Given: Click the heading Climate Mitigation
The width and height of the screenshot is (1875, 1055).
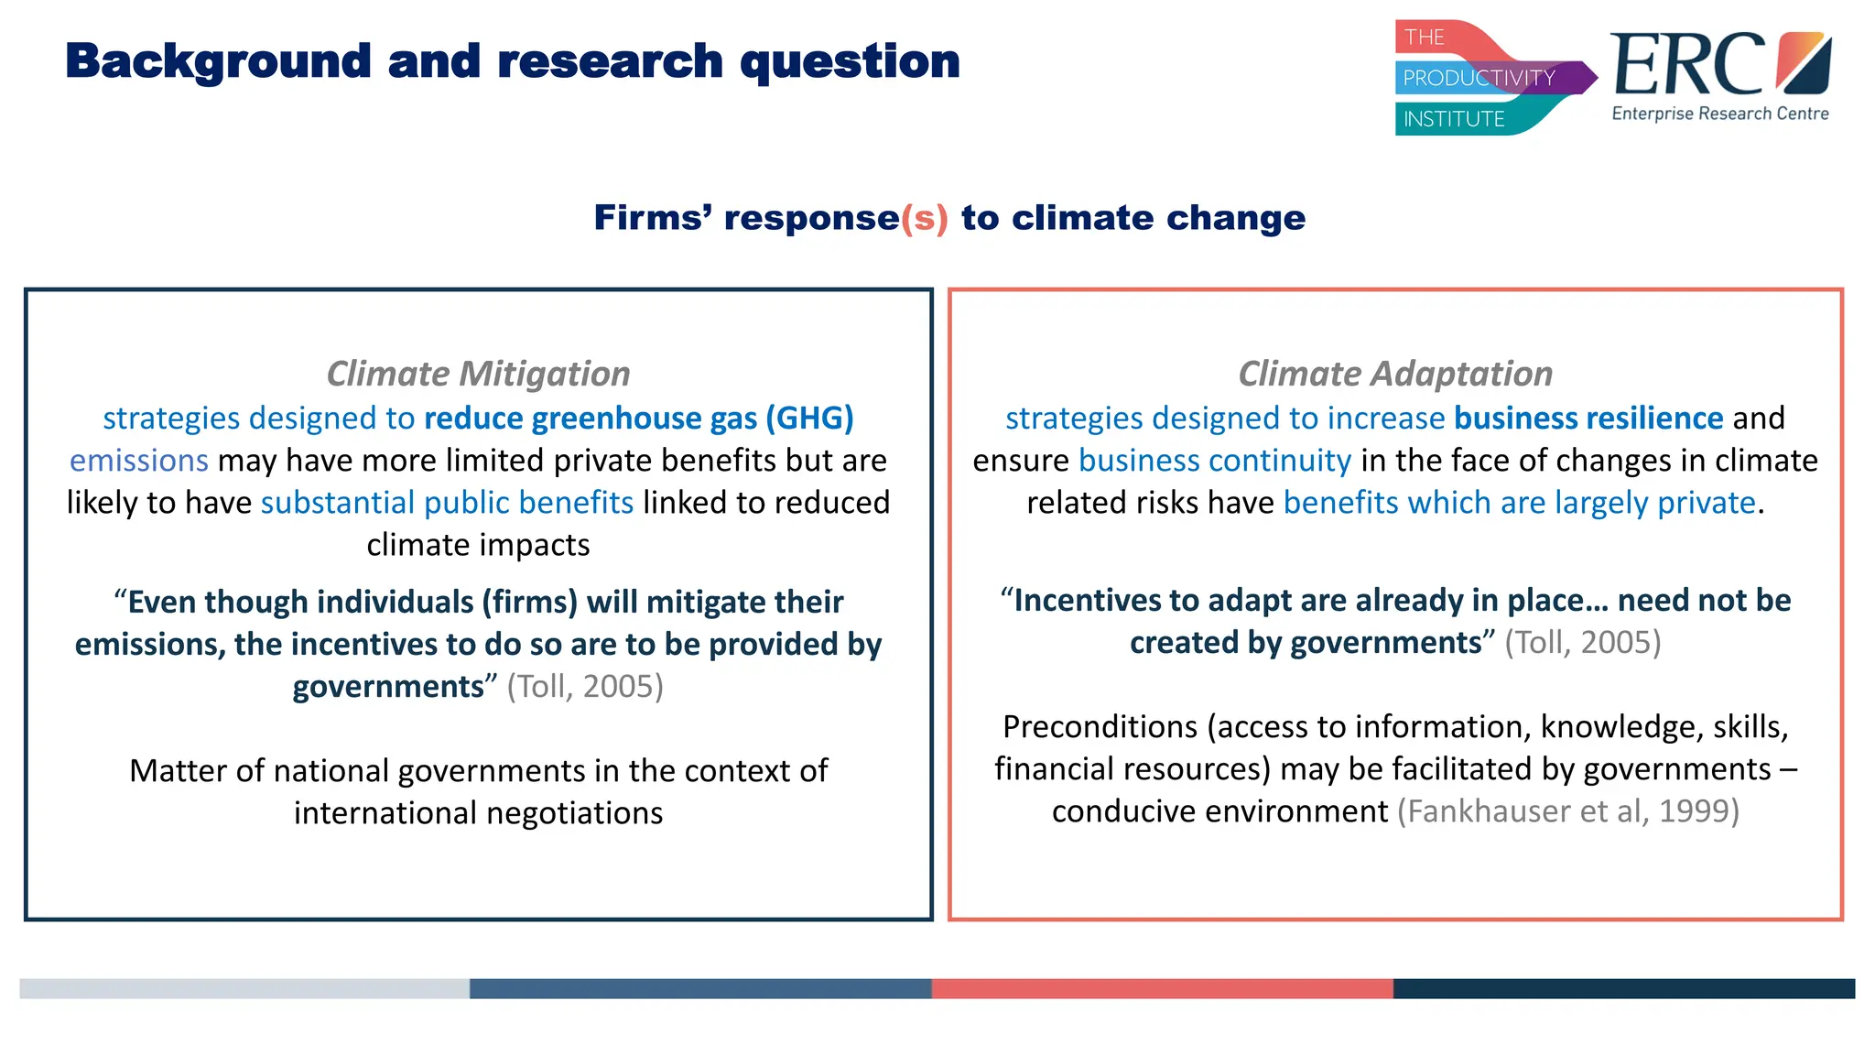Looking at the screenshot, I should click(478, 374).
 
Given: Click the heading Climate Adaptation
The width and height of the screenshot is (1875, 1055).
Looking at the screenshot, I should click(1395, 374).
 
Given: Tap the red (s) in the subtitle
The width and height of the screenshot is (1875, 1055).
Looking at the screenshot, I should click(924, 218).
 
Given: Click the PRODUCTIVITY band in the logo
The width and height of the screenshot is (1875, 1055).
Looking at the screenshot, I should click(1479, 78).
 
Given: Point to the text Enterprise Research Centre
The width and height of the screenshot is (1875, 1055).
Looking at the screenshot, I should click(1719, 114).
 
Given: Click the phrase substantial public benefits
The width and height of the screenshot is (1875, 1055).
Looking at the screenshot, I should click(447, 503).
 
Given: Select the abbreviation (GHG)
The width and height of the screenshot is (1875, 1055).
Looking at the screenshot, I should click(809, 419).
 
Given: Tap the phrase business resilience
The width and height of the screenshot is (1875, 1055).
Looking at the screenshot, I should click(1588, 419).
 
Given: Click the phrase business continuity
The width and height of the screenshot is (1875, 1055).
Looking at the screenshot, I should click(1214, 461).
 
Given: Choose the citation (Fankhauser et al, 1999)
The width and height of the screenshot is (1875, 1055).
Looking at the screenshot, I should click(1567, 811).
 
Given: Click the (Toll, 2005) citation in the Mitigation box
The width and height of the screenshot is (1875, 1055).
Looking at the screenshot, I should click(585, 687).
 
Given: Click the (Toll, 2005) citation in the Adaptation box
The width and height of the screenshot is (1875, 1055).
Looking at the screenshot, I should click(1582, 643).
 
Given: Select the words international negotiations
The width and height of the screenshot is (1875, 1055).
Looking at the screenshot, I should click(478, 813).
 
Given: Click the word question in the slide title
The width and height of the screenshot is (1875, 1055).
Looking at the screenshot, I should click(850, 62).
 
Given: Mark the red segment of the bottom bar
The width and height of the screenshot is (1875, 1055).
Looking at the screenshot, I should click(1161, 988).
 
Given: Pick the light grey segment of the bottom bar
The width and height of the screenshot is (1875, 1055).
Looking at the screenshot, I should click(244, 988).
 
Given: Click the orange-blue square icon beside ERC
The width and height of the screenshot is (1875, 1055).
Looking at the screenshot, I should click(1803, 62).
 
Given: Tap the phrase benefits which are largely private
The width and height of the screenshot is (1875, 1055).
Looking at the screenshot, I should click(1518, 503).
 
